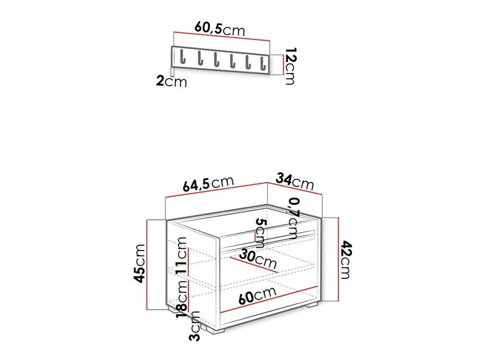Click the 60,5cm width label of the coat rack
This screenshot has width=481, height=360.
[x=220, y=29]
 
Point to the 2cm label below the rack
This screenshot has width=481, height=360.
[x=171, y=81]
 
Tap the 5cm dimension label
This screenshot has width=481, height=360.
[x=260, y=233]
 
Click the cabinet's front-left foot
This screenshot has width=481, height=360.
[x=214, y=329]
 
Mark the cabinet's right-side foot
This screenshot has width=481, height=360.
[x=311, y=305]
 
